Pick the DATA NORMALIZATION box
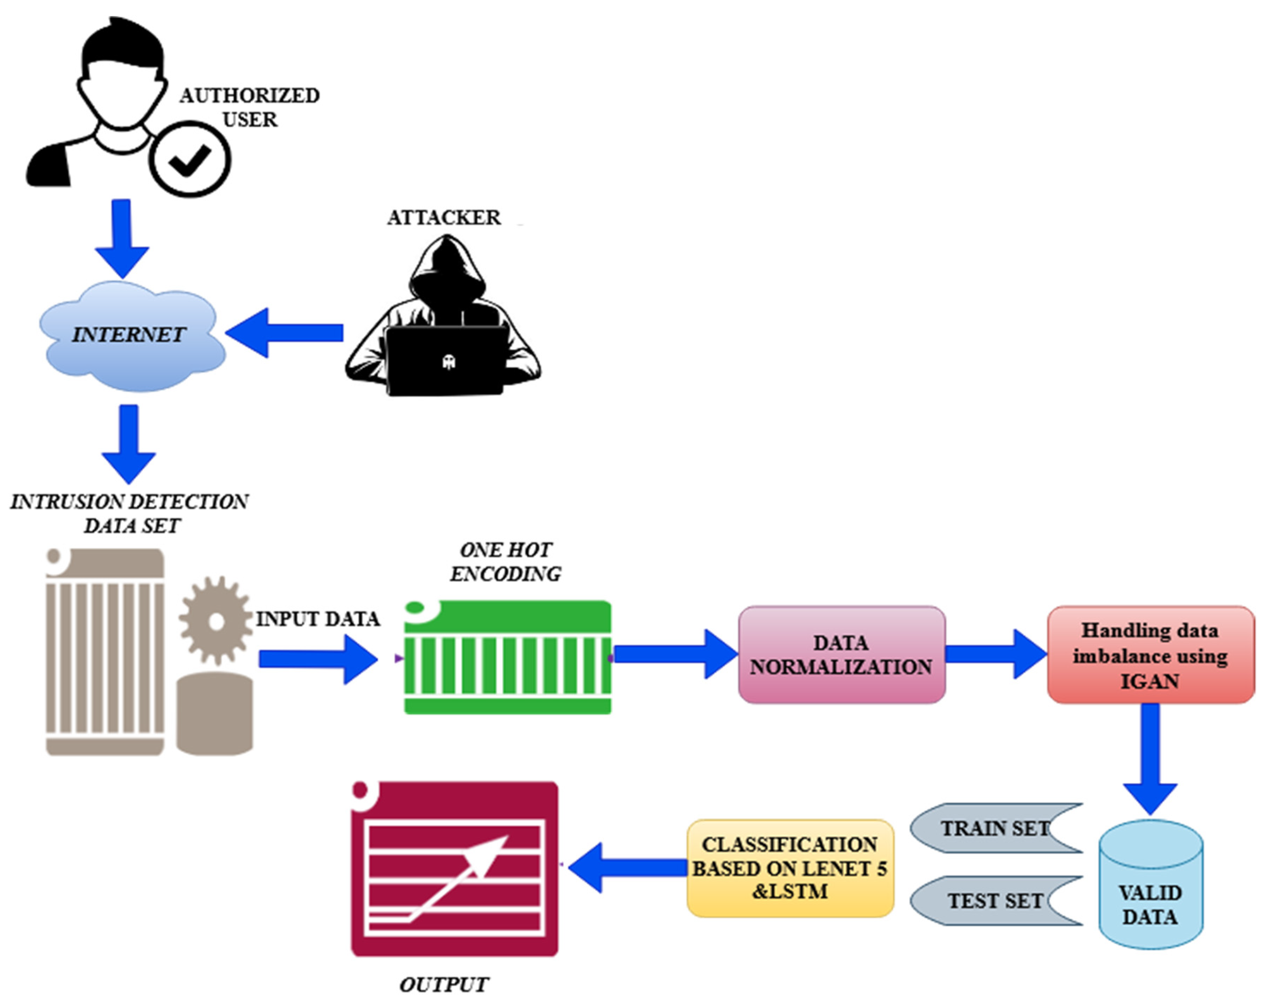tap(841, 655)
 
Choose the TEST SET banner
tap(996, 900)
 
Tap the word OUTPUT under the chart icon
tap(444, 985)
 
